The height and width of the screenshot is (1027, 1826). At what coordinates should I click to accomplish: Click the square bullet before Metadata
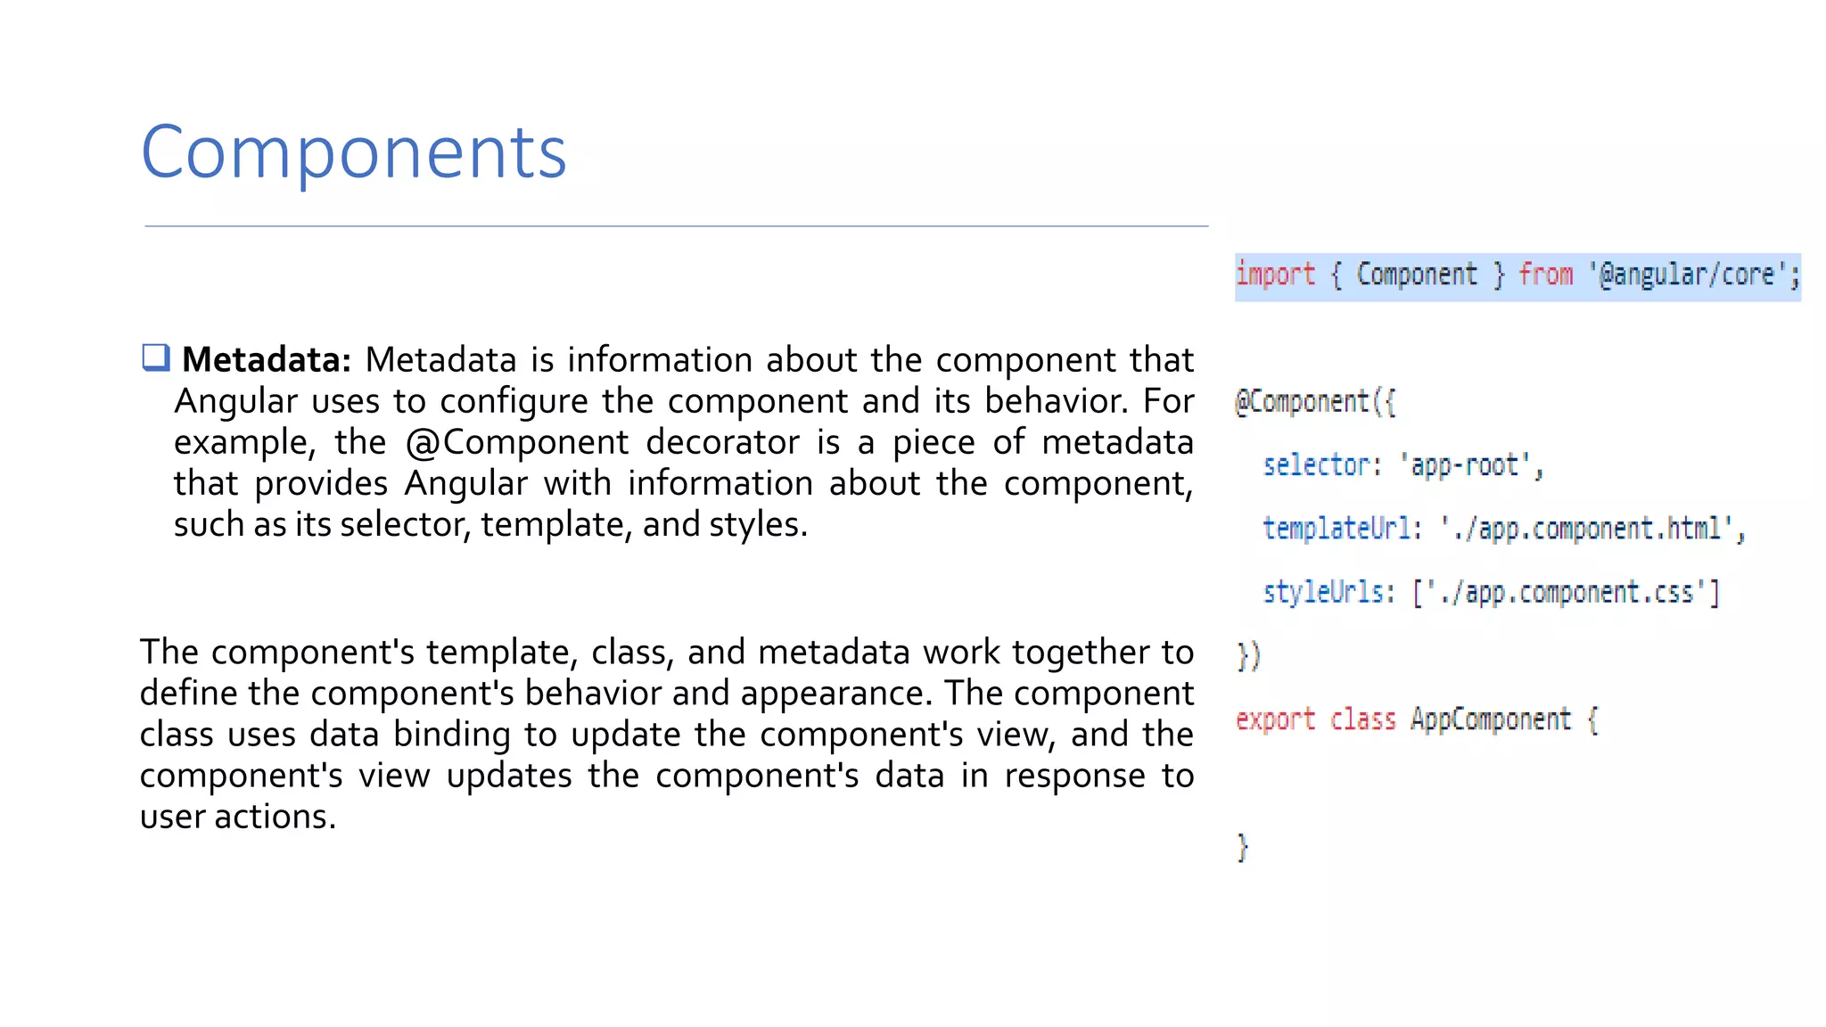click(156, 358)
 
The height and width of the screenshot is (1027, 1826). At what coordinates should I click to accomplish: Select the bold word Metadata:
click(267, 360)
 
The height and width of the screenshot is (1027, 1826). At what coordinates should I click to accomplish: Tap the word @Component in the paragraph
click(516, 442)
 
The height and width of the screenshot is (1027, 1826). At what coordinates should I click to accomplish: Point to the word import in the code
click(1275, 275)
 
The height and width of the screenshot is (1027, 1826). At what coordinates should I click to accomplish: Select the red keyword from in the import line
click(1545, 275)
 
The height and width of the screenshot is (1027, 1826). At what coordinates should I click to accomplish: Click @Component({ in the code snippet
click(1315, 402)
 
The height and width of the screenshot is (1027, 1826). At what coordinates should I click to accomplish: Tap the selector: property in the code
click(1321, 465)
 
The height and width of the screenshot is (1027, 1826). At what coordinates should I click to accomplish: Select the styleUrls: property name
click(1328, 592)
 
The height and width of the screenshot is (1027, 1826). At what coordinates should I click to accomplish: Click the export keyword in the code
click(1275, 719)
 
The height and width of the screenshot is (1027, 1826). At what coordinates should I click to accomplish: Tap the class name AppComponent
click(1490, 719)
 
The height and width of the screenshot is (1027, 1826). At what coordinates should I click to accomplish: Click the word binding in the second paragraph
click(452, 735)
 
